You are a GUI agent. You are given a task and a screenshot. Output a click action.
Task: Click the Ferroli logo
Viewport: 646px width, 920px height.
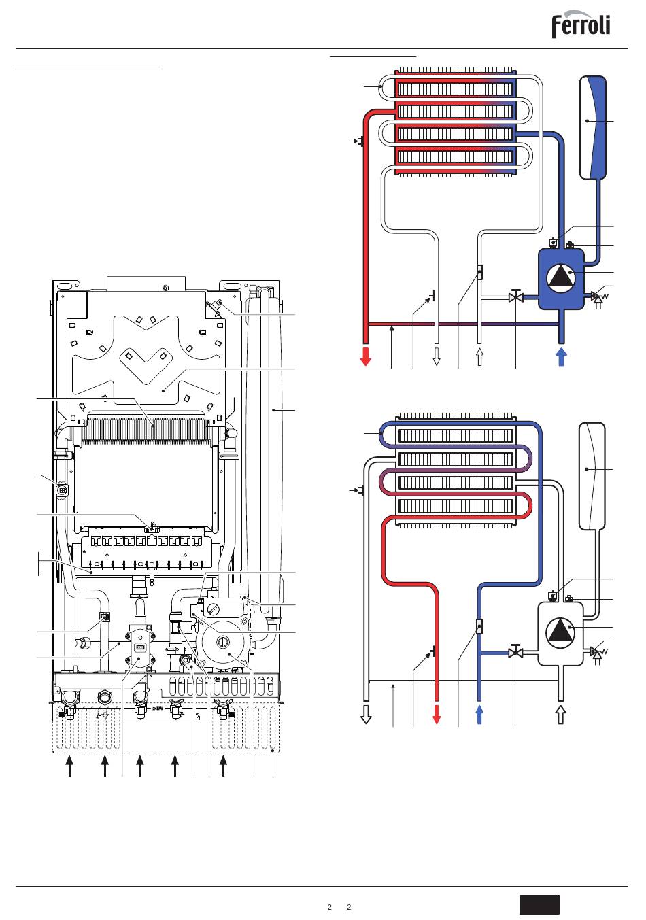pos(581,24)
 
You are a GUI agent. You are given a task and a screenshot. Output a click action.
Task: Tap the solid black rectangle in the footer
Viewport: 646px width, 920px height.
pos(539,905)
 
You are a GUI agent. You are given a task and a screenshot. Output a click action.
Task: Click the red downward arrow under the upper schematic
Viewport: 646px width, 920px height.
pos(365,356)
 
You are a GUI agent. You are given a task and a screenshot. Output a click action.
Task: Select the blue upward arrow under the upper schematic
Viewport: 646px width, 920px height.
pos(562,356)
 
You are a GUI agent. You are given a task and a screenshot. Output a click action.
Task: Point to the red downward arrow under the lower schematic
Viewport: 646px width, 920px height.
pos(437,715)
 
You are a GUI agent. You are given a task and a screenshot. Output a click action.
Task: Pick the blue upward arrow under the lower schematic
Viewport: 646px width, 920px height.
pos(479,715)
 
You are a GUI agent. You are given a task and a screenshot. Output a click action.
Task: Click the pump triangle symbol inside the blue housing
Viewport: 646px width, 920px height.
pos(560,277)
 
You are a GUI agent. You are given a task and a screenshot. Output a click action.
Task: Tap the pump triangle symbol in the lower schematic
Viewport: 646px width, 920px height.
pos(560,632)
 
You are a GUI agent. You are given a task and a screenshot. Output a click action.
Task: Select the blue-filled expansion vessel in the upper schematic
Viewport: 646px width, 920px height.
pos(592,128)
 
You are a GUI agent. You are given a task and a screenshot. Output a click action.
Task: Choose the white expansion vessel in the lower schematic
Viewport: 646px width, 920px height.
pos(592,477)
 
